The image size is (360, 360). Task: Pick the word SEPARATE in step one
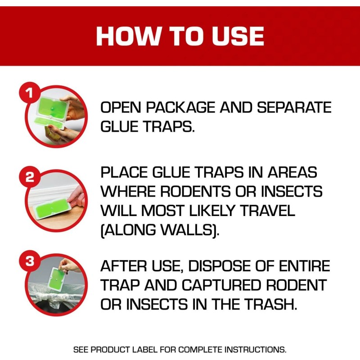pyautogui.click(x=294, y=108)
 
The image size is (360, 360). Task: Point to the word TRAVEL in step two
pyautogui.click(x=265, y=211)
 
